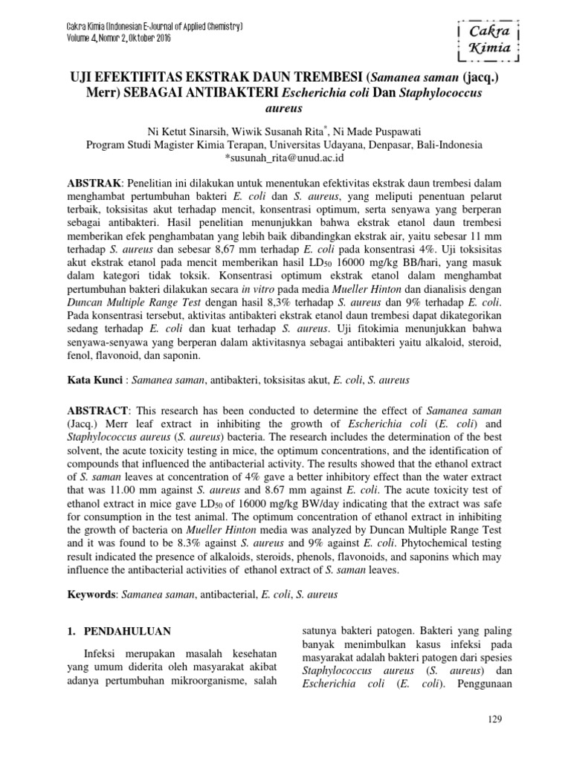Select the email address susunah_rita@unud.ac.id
(285, 158)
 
